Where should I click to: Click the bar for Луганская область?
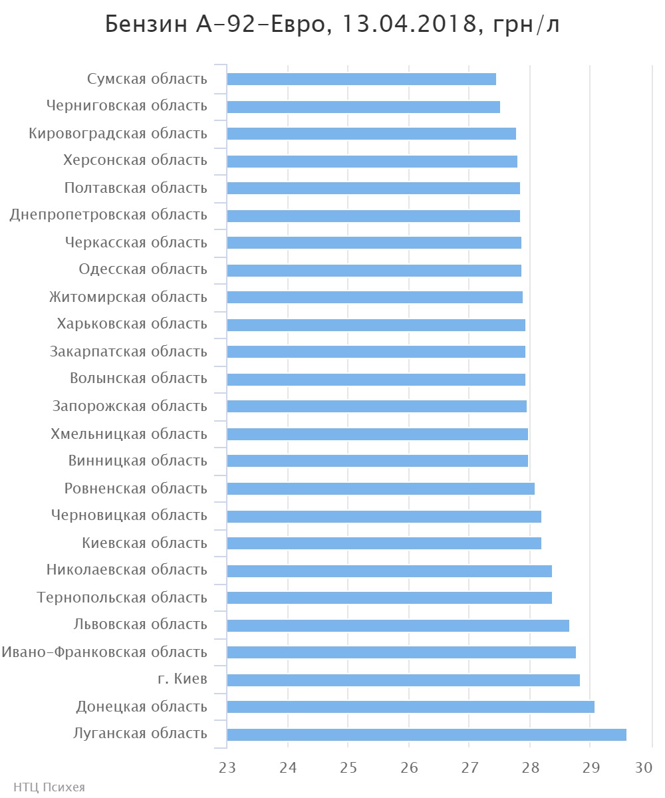pyautogui.click(x=426, y=734)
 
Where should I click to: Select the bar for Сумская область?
pyautogui.click(x=361, y=79)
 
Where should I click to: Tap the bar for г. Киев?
pyautogui.click(x=403, y=680)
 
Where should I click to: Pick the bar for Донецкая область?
pyautogui.click(x=410, y=706)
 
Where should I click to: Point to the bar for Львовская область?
pyautogui.click(x=398, y=625)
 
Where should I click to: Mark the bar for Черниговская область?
pyautogui.click(x=363, y=106)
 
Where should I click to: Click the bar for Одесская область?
pyautogui.click(x=374, y=270)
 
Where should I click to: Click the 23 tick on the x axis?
pyautogui.click(x=227, y=767)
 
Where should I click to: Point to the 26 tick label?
pyautogui.click(x=409, y=767)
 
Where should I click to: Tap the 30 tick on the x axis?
pyautogui.click(x=644, y=767)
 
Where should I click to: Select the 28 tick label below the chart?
pyautogui.click(x=530, y=767)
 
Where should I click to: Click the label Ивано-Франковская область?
pyautogui.click(x=104, y=652)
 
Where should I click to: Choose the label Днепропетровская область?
pyautogui.click(x=108, y=215)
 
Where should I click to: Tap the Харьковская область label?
pyautogui.click(x=132, y=324)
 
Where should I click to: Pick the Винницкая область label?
pyautogui.click(x=138, y=460)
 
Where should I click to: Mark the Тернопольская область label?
pyautogui.click(x=122, y=597)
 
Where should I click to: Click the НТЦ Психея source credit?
pyautogui.click(x=44, y=787)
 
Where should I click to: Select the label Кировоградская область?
pyautogui.click(x=118, y=133)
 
